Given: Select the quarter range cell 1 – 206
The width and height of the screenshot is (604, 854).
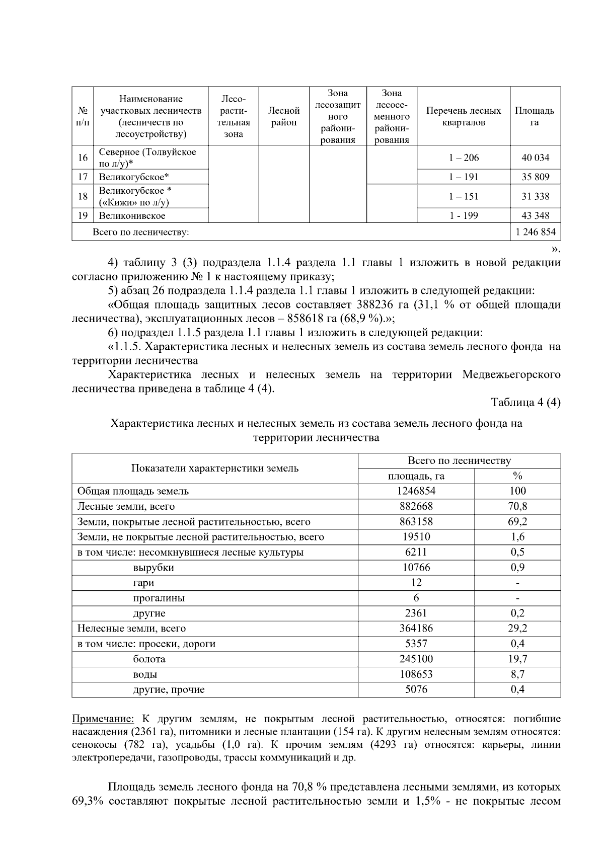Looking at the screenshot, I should click(464, 158).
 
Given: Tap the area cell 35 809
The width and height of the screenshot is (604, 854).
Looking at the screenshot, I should click(535, 177).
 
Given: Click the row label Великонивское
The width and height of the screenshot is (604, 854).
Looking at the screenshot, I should click(132, 215).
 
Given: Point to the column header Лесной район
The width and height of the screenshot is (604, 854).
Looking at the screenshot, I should click(283, 116).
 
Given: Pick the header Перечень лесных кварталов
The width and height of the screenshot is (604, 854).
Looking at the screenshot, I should click(464, 116).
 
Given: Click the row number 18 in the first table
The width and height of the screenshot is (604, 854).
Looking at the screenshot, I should click(83, 196).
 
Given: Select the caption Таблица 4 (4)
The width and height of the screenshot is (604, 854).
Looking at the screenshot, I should click(525, 403).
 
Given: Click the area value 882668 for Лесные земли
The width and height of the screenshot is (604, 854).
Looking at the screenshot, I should click(416, 506).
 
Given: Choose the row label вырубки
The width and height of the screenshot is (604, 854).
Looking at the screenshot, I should click(154, 567).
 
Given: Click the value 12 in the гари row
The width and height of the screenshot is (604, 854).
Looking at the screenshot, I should click(416, 583).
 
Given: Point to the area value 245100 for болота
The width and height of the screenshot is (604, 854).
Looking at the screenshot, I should click(416, 659).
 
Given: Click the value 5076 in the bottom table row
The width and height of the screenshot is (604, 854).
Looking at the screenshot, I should click(416, 689).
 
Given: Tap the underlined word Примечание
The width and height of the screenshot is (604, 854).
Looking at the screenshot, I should click(103, 718).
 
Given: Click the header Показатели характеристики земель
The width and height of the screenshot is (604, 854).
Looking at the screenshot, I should click(215, 468).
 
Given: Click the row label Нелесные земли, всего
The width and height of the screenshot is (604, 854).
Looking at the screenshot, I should click(131, 628).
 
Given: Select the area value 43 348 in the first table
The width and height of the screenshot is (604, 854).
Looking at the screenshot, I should click(535, 215).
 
